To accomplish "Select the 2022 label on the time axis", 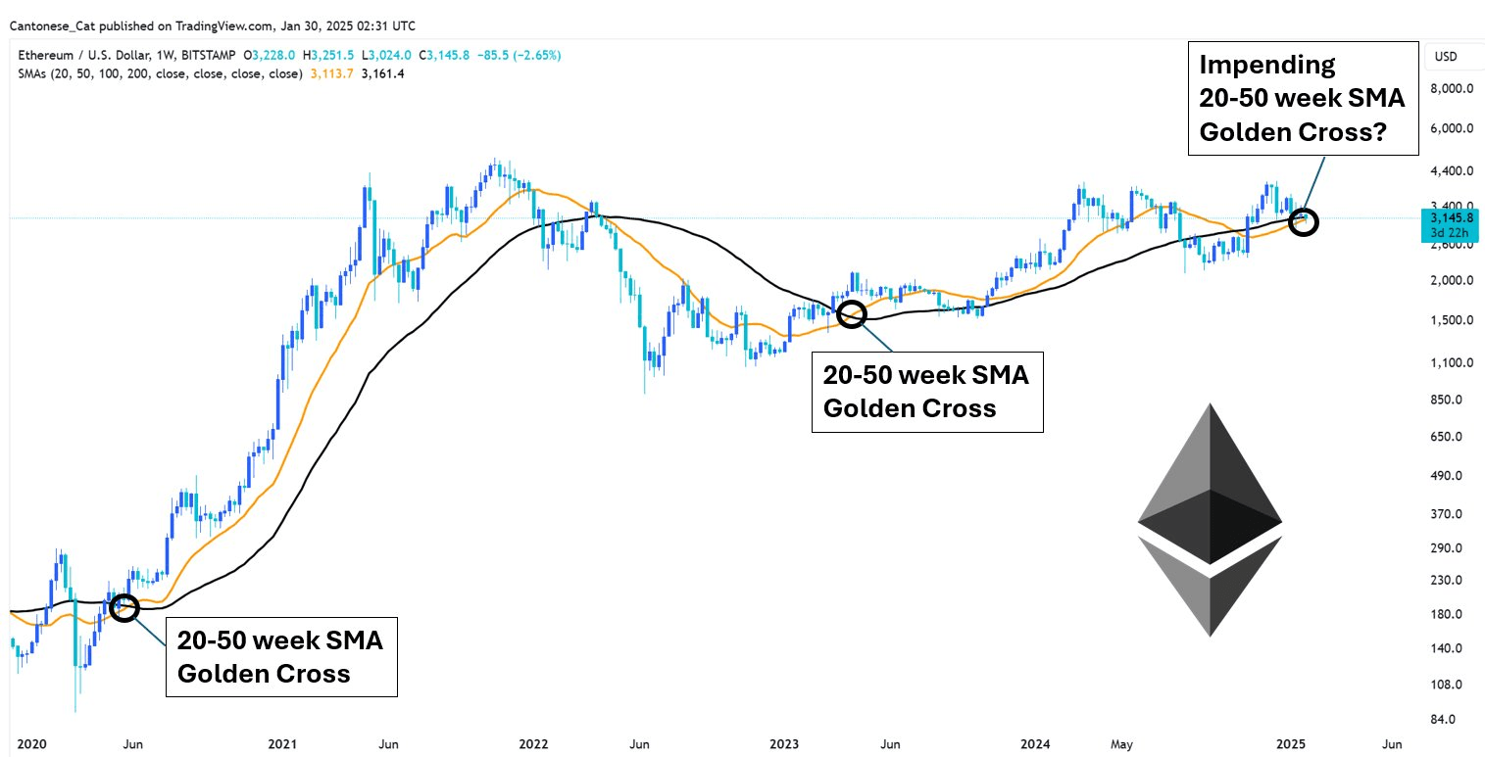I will (x=534, y=743).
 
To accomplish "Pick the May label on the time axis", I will (x=1123, y=743).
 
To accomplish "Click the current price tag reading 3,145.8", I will (x=1450, y=217).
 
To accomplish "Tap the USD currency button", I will (x=1446, y=57).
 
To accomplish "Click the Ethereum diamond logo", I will (x=1210, y=519).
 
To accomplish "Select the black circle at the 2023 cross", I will (x=851, y=313).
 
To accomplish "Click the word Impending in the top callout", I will (x=1266, y=66).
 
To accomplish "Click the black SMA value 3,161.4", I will (x=383, y=73).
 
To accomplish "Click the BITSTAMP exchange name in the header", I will (x=206, y=56).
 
